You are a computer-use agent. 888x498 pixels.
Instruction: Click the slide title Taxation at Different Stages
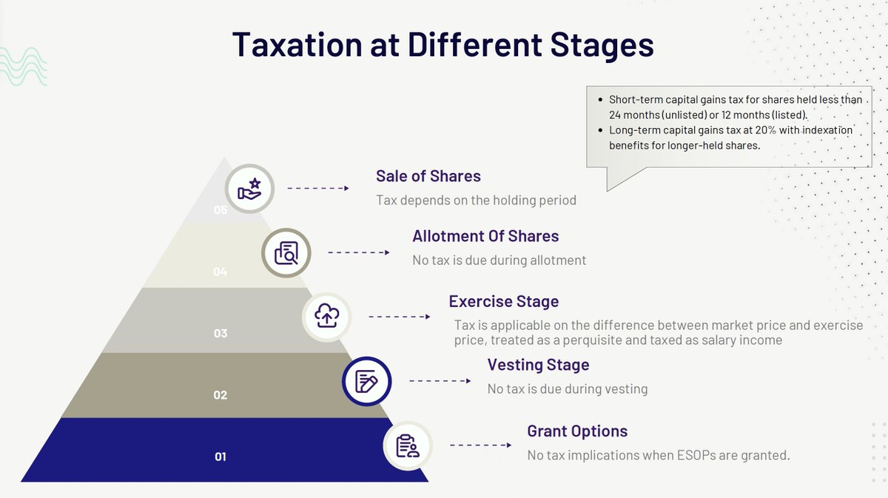point(443,44)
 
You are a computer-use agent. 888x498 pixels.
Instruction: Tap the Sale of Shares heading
point(428,176)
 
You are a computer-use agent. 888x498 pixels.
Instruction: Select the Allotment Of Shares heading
point(485,236)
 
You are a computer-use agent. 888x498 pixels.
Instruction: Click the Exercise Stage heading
point(503,301)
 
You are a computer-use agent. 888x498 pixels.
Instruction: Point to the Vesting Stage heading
point(538,365)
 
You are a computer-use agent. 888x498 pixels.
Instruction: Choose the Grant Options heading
point(576,431)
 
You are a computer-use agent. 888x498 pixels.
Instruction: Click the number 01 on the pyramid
point(221,457)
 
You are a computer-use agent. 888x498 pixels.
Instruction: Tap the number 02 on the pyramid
point(221,395)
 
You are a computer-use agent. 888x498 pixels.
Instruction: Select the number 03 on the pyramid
point(221,334)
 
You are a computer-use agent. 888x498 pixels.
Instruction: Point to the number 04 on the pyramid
point(220,272)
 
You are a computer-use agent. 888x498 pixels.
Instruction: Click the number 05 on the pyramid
point(221,210)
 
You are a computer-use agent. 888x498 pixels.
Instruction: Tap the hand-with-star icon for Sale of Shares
point(249,189)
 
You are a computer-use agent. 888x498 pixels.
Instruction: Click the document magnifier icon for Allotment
point(286,253)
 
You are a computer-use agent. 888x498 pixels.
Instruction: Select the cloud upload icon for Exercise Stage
point(326,317)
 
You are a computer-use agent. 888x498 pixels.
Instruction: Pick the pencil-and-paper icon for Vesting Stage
point(366,381)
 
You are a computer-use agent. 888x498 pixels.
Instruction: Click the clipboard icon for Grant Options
point(407,445)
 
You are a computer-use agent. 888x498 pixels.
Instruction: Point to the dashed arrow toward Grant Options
point(480,445)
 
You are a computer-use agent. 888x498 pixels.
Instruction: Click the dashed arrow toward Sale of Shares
point(317,188)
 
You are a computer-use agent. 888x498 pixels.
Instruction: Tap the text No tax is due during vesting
point(567,388)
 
